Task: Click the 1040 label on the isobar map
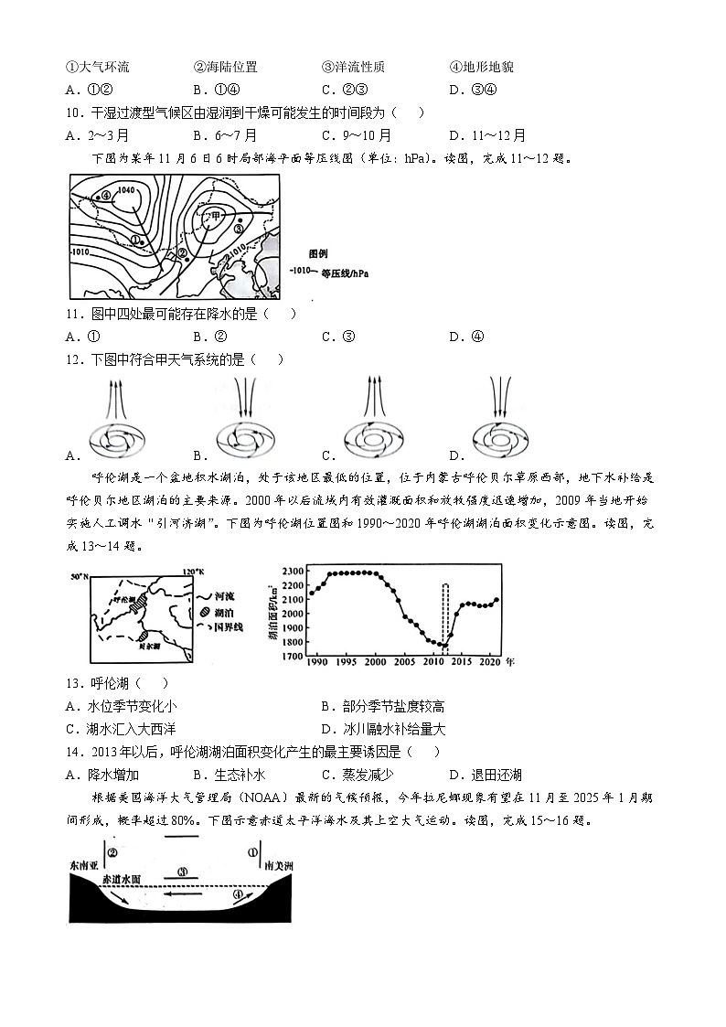(x=126, y=190)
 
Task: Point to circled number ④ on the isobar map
(x=106, y=195)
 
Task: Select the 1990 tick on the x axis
(x=317, y=660)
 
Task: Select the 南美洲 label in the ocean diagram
(x=278, y=865)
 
